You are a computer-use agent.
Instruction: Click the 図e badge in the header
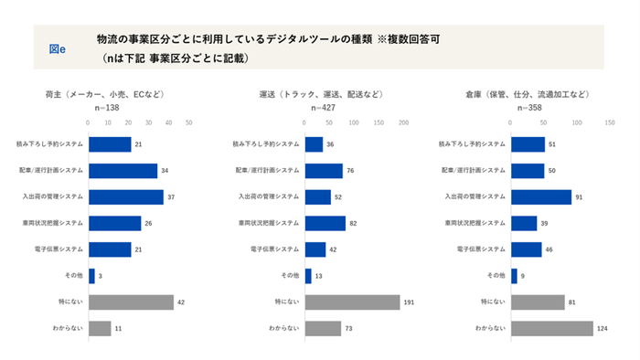(57, 48)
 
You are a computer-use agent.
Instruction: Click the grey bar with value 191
(352, 302)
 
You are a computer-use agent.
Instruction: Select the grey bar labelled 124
(551, 328)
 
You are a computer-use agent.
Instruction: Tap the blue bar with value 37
(125, 196)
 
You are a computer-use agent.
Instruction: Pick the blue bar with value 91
(540, 196)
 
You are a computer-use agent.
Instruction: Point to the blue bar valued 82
(325, 223)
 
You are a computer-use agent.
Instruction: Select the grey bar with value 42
(131, 302)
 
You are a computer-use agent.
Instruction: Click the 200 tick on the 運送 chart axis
(403, 122)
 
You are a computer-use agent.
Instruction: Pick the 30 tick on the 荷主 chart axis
(149, 122)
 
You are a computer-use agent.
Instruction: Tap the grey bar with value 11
(99, 328)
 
